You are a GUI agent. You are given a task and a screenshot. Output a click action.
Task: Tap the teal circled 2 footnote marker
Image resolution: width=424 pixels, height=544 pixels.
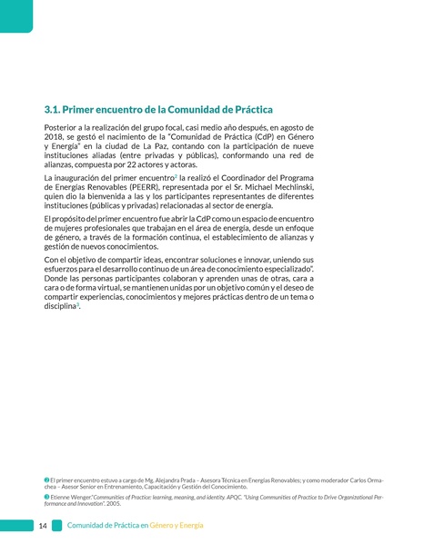click(x=46, y=478)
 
